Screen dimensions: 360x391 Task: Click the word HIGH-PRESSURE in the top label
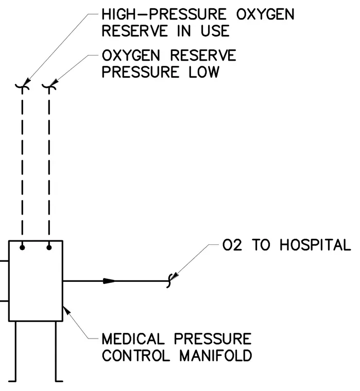coord(164,14)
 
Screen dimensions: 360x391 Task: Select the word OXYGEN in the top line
coord(265,14)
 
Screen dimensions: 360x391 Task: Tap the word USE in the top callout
coord(215,31)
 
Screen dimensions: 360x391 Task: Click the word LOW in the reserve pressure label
coord(204,73)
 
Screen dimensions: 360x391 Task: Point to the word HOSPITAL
coord(315,245)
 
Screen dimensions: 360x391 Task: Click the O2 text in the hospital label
coord(232,245)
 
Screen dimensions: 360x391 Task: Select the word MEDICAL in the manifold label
coord(133,339)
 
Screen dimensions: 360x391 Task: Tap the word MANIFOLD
coord(216,356)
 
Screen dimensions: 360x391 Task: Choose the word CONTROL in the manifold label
coord(136,356)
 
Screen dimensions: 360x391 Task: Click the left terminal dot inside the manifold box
coord(22,247)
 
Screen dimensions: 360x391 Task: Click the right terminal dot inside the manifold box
coord(49,247)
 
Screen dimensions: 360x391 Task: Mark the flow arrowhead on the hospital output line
coord(109,281)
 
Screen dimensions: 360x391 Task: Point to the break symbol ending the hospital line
coord(169,281)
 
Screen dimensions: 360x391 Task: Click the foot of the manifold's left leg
coord(12,381)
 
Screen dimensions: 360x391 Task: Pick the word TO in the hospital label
coord(261,245)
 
